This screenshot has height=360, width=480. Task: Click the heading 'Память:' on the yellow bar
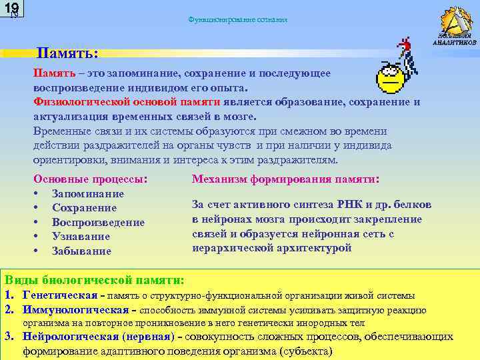point(68,52)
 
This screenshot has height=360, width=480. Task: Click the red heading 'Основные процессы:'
point(91,179)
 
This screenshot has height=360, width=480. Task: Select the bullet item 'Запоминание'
point(88,193)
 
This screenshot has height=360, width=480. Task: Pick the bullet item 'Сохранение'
point(85,207)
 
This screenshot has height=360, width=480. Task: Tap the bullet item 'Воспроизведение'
point(98,222)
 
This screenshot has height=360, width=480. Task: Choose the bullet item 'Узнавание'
point(81,236)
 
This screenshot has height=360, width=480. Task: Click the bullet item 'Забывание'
point(81,251)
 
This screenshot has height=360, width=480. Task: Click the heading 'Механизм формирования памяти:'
point(285,179)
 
